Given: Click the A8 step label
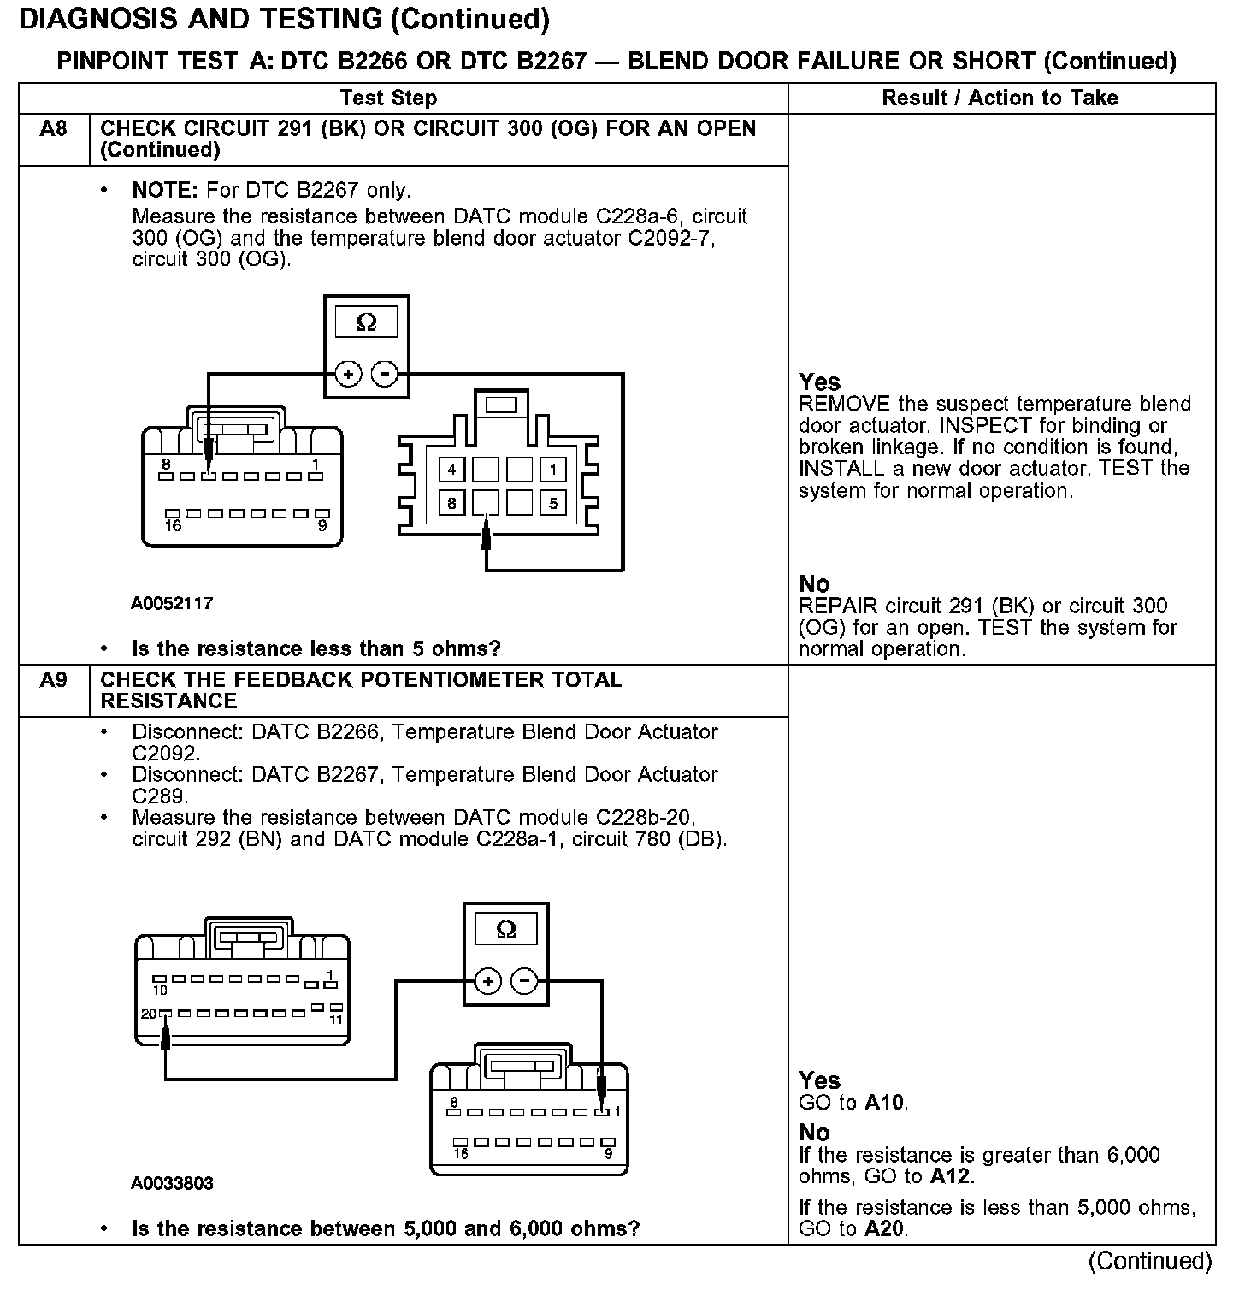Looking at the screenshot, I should (53, 129).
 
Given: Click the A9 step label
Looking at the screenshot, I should (53, 680).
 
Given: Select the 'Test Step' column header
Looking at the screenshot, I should (388, 98).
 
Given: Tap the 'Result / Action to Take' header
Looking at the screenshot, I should (1000, 98).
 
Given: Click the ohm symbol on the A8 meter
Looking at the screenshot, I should (366, 322).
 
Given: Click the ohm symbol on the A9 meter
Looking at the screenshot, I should (505, 929).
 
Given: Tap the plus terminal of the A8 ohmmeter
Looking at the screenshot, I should (348, 374).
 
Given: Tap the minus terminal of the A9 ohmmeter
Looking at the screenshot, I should (526, 980).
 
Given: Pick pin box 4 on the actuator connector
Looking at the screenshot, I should (451, 469).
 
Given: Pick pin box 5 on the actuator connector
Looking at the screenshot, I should (553, 502).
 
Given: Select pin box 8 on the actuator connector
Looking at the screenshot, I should (451, 502).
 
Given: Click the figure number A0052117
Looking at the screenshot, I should (172, 603).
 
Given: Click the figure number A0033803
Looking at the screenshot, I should (172, 1183).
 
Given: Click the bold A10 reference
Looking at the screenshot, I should (884, 1103).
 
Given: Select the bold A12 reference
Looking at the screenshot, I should (951, 1176).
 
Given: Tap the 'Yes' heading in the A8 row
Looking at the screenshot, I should (819, 382).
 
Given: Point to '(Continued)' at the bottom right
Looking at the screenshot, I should (1149, 1261).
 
